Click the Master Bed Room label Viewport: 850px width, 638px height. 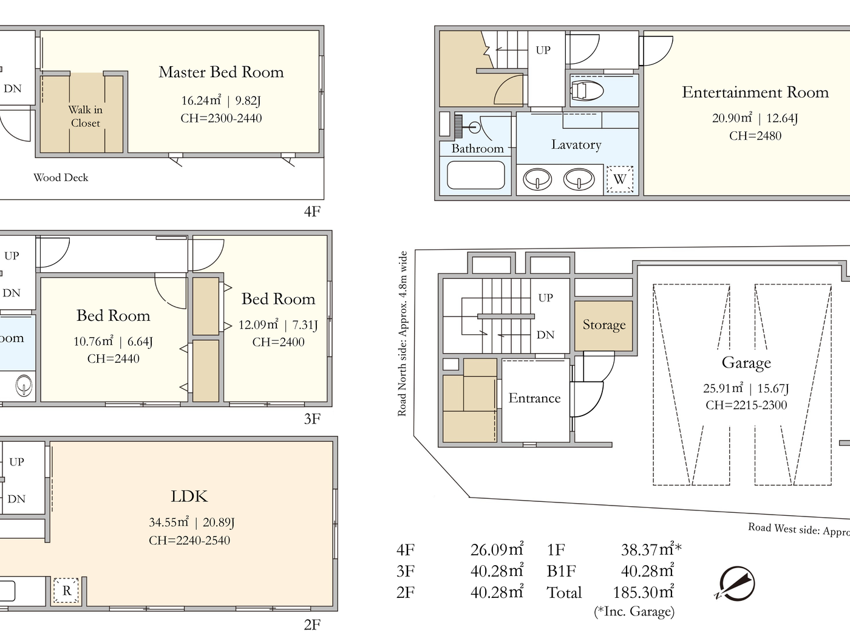(x=221, y=72)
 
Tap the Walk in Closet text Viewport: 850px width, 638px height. (x=85, y=116)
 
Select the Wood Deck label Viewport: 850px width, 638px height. (x=61, y=177)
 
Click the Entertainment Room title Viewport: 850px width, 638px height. (x=755, y=92)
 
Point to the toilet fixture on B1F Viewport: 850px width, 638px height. (x=586, y=91)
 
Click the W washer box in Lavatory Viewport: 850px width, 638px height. (x=619, y=179)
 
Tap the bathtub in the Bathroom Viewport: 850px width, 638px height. (x=476, y=175)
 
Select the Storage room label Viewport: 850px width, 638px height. (x=603, y=325)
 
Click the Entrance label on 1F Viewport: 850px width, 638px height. (x=534, y=398)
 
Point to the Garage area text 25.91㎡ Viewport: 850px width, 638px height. (x=722, y=388)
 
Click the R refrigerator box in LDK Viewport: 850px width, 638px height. (x=66, y=591)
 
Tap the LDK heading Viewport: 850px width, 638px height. (x=189, y=496)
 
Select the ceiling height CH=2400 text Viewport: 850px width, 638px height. (x=278, y=342)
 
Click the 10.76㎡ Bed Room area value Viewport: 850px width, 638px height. (x=93, y=341)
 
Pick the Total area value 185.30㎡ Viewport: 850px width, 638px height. (x=643, y=592)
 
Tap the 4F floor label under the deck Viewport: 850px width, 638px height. (x=311, y=211)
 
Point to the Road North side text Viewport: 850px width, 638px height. (x=402, y=334)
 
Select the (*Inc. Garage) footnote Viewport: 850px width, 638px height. (x=634, y=612)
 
